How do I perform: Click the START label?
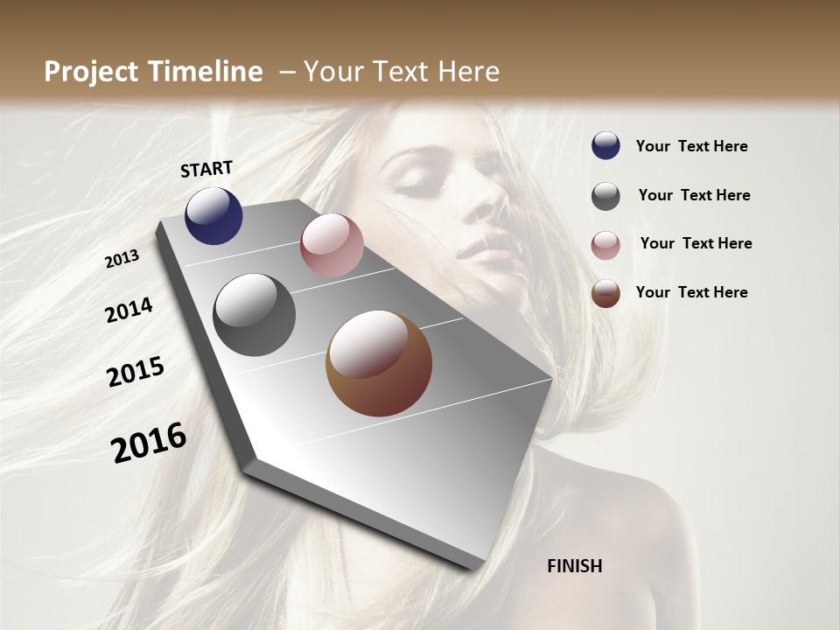[206, 169]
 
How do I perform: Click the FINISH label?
[574, 566]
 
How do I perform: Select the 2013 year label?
[122, 259]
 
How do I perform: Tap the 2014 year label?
[129, 311]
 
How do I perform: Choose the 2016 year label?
[150, 443]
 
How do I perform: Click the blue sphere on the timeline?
[213, 216]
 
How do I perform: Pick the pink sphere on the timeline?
[332, 245]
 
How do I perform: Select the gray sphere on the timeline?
[255, 315]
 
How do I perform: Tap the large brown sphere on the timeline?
[379, 363]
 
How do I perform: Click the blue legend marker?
[605, 146]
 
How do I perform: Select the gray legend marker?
[605, 196]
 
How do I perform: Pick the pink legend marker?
[605, 245]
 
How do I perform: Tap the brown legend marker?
[605, 293]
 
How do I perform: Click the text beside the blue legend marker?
[691, 147]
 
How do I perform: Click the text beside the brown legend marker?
[691, 292]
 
